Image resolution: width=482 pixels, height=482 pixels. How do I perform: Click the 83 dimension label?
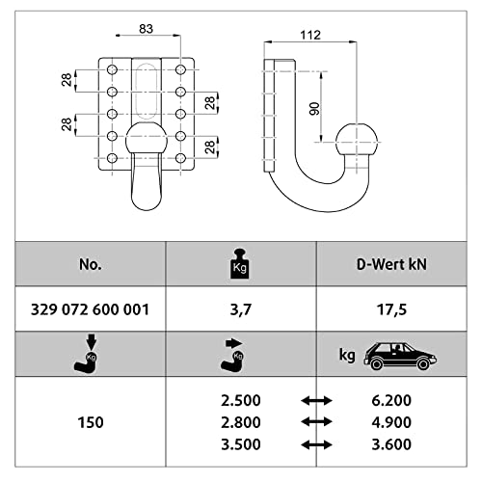[x=147, y=29]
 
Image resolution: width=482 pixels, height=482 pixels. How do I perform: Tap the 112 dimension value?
[x=310, y=35]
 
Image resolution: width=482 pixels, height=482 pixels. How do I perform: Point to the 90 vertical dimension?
[x=314, y=109]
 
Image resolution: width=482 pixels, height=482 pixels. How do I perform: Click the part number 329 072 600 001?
[x=91, y=309]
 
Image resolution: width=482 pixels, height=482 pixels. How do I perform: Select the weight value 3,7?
[x=241, y=309]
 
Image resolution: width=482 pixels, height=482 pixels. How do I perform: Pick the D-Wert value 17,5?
[x=391, y=309]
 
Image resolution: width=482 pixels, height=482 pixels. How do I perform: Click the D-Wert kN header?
[x=391, y=264]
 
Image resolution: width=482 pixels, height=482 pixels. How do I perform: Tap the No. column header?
[x=91, y=264]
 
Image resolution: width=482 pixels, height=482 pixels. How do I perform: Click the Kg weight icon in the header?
[x=240, y=264]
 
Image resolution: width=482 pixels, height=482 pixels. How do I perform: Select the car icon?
[x=400, y=356]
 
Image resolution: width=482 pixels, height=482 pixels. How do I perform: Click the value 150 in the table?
[x=91, y=422]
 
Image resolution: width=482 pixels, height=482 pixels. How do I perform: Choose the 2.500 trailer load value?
[x=241, y=400]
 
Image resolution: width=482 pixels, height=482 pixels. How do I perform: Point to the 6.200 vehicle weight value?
[x=391, y=400]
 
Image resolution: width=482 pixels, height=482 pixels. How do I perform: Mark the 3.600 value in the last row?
[x=391, y=444]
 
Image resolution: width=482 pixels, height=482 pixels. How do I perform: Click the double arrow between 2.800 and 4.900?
[x=316, y=421]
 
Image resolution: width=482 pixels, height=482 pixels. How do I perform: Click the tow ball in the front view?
[x=147, y=139]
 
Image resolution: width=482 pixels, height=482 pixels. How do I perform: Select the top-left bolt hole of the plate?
[x=112, y=69]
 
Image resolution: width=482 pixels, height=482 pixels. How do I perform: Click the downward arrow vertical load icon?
[x=86, y=354]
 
